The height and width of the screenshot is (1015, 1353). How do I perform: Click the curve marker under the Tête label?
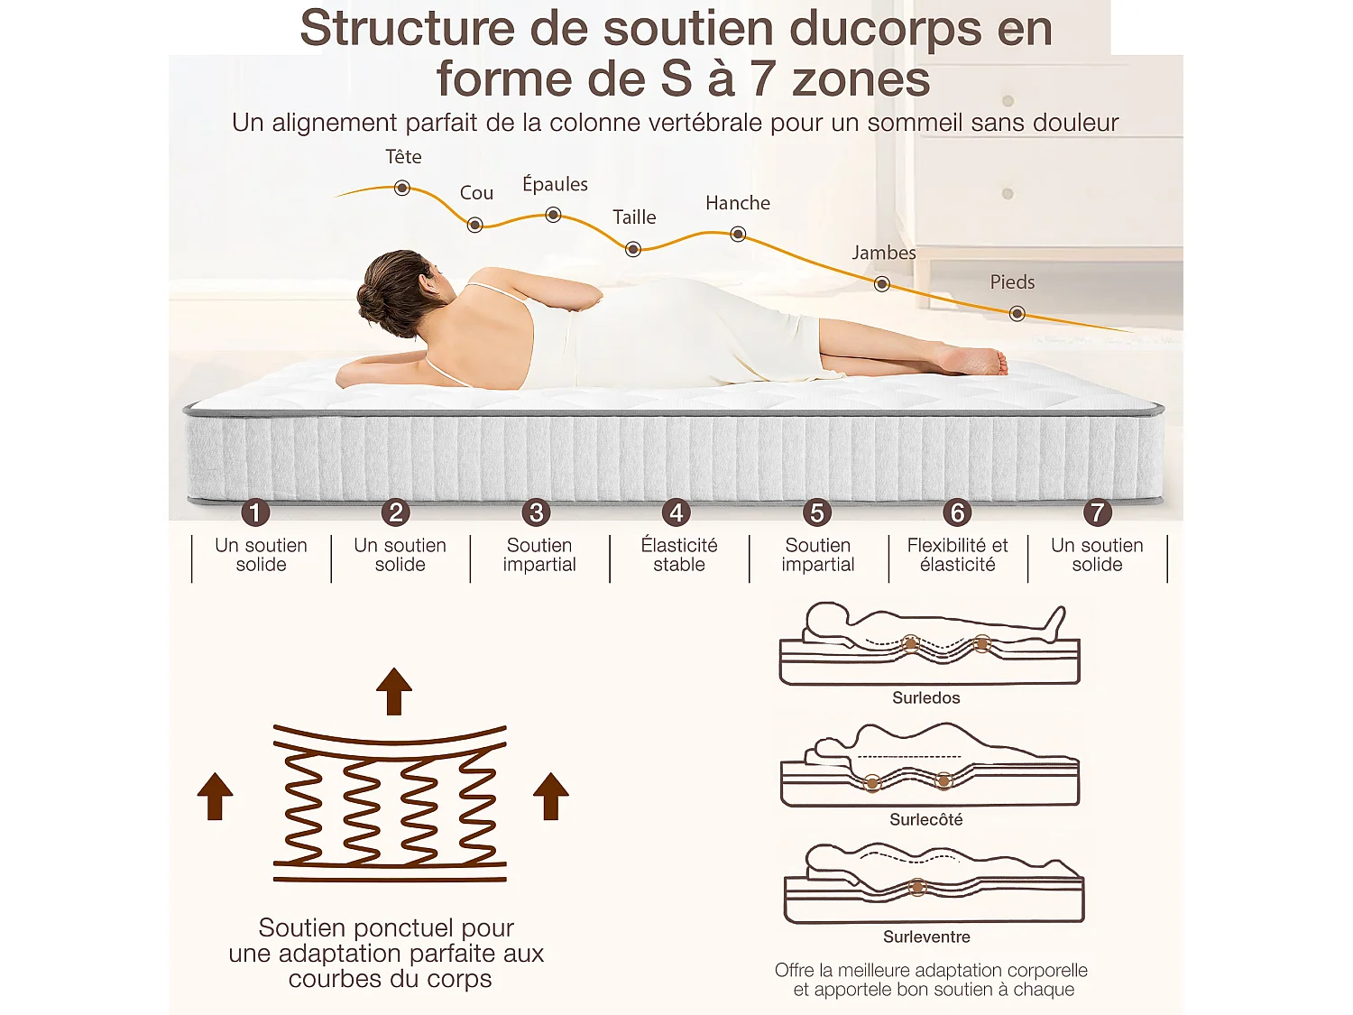click(402, 188)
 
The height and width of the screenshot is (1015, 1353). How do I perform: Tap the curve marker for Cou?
click(474, 225)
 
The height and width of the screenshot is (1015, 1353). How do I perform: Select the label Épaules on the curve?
click(555, 184)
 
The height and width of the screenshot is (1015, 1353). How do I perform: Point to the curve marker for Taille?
click(633, 249)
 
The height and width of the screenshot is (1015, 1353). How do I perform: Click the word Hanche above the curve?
click(738, 203)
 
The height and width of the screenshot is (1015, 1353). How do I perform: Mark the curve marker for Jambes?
click(882, 284)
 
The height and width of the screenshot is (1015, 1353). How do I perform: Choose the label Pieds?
click(1012, 281)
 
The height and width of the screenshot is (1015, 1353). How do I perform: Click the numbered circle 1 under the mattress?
click(255, 512)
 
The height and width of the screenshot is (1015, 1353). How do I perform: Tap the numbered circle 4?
click(676, 512)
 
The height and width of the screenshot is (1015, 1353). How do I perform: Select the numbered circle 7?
click(1097, 512)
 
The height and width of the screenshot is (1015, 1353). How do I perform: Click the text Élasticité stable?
click(679, 555)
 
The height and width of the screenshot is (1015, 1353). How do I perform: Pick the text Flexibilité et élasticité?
click(957, 555)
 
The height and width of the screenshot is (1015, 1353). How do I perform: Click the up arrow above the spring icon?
click(394, 691)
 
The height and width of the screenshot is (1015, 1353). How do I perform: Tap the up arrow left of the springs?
click(215, 797)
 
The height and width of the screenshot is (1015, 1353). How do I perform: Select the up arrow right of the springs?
click(550, 797)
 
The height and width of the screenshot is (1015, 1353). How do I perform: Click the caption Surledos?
click(925, 697)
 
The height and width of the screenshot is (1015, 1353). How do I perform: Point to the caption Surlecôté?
click(925, 819)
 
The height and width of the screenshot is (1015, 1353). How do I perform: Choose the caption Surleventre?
click(926, 937)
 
